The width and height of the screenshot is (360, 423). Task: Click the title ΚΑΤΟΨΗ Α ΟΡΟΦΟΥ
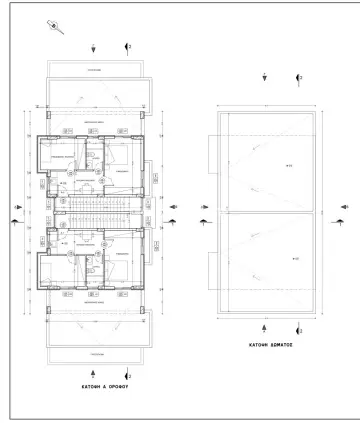(x=94, y=383)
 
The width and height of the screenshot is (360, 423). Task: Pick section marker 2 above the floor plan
(x=126, y=46)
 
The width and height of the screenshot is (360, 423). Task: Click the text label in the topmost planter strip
(x=94, y=70)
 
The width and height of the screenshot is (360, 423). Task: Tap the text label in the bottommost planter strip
(x=94, y=354)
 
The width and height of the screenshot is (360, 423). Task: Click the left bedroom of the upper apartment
(x=62, y=158)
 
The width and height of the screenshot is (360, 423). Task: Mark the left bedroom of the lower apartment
(x=62, y=268)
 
